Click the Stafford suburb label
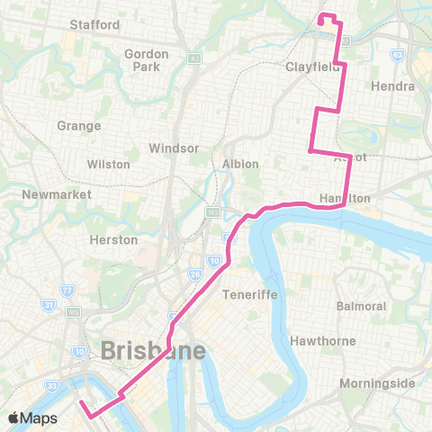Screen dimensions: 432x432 [94, 24]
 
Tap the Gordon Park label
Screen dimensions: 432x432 [147, 60]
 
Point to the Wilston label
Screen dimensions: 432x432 [109, 165]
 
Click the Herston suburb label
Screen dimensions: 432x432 [114, 239]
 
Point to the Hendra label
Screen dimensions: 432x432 [392, 86]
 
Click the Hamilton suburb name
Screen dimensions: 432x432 [345, 198]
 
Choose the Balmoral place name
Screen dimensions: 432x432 [361, 306]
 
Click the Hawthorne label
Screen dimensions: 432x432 [323, 341]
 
